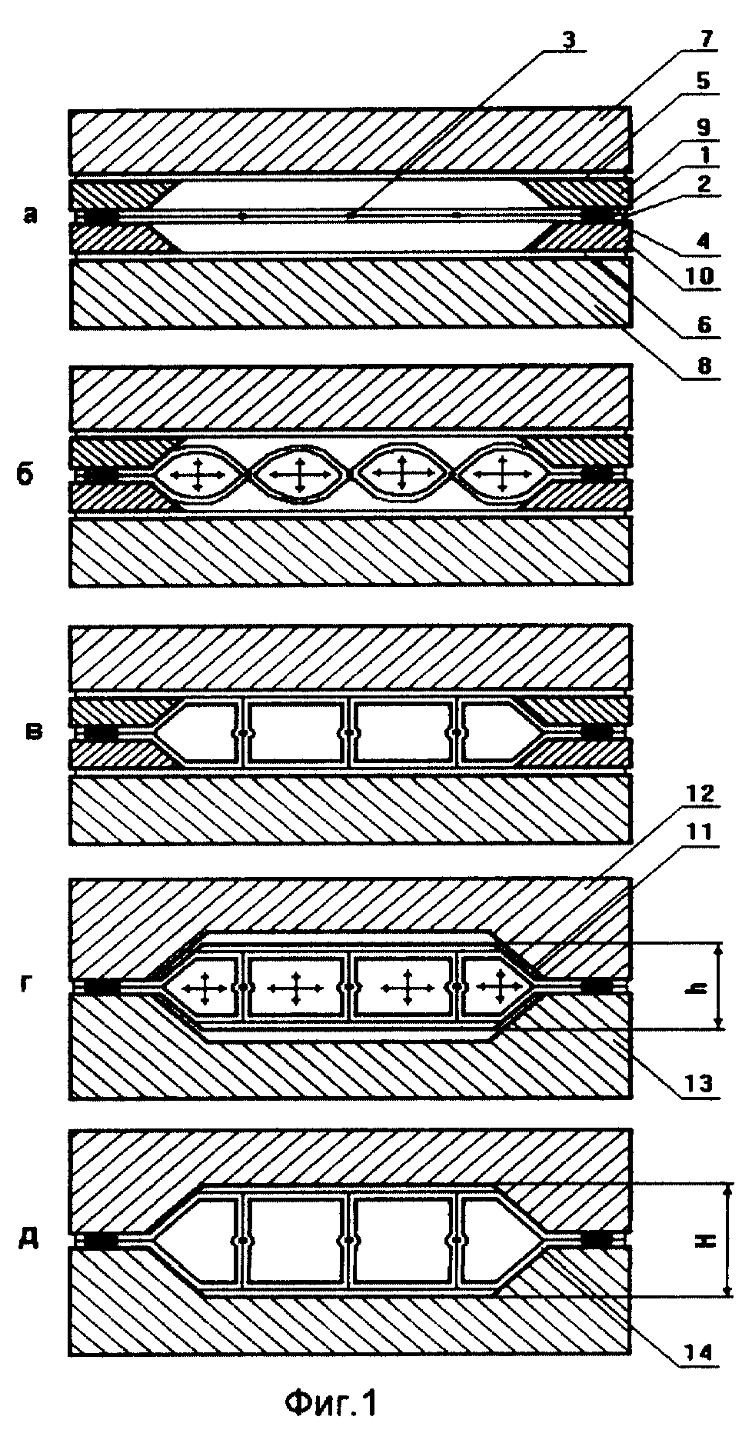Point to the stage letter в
[35, 731]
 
